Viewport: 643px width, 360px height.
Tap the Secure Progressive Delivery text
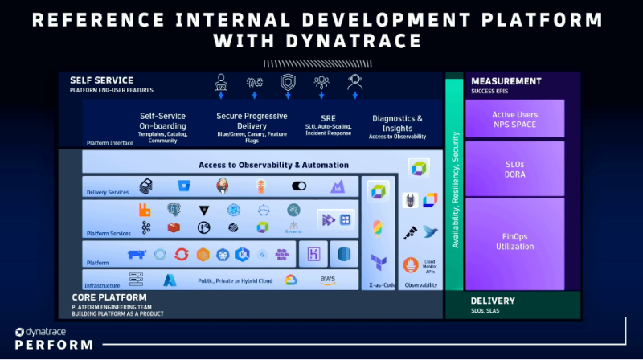tap(252, 121)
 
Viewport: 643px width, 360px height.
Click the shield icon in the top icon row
tap(287, 82)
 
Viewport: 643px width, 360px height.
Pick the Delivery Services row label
tap(108, 193)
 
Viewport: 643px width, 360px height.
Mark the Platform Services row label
tap(109, 234)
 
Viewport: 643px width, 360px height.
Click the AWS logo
tap(328, 280)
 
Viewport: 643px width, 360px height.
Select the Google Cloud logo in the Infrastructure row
tap(290, 280)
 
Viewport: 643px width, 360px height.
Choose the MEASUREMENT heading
tap(506, 81)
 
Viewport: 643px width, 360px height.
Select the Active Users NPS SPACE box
tap(514, 119)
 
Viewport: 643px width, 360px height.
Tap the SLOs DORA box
tap(514, 169)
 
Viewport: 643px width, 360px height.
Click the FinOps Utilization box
tap(514, 242)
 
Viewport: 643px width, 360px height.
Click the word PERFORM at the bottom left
tap(53, 345)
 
